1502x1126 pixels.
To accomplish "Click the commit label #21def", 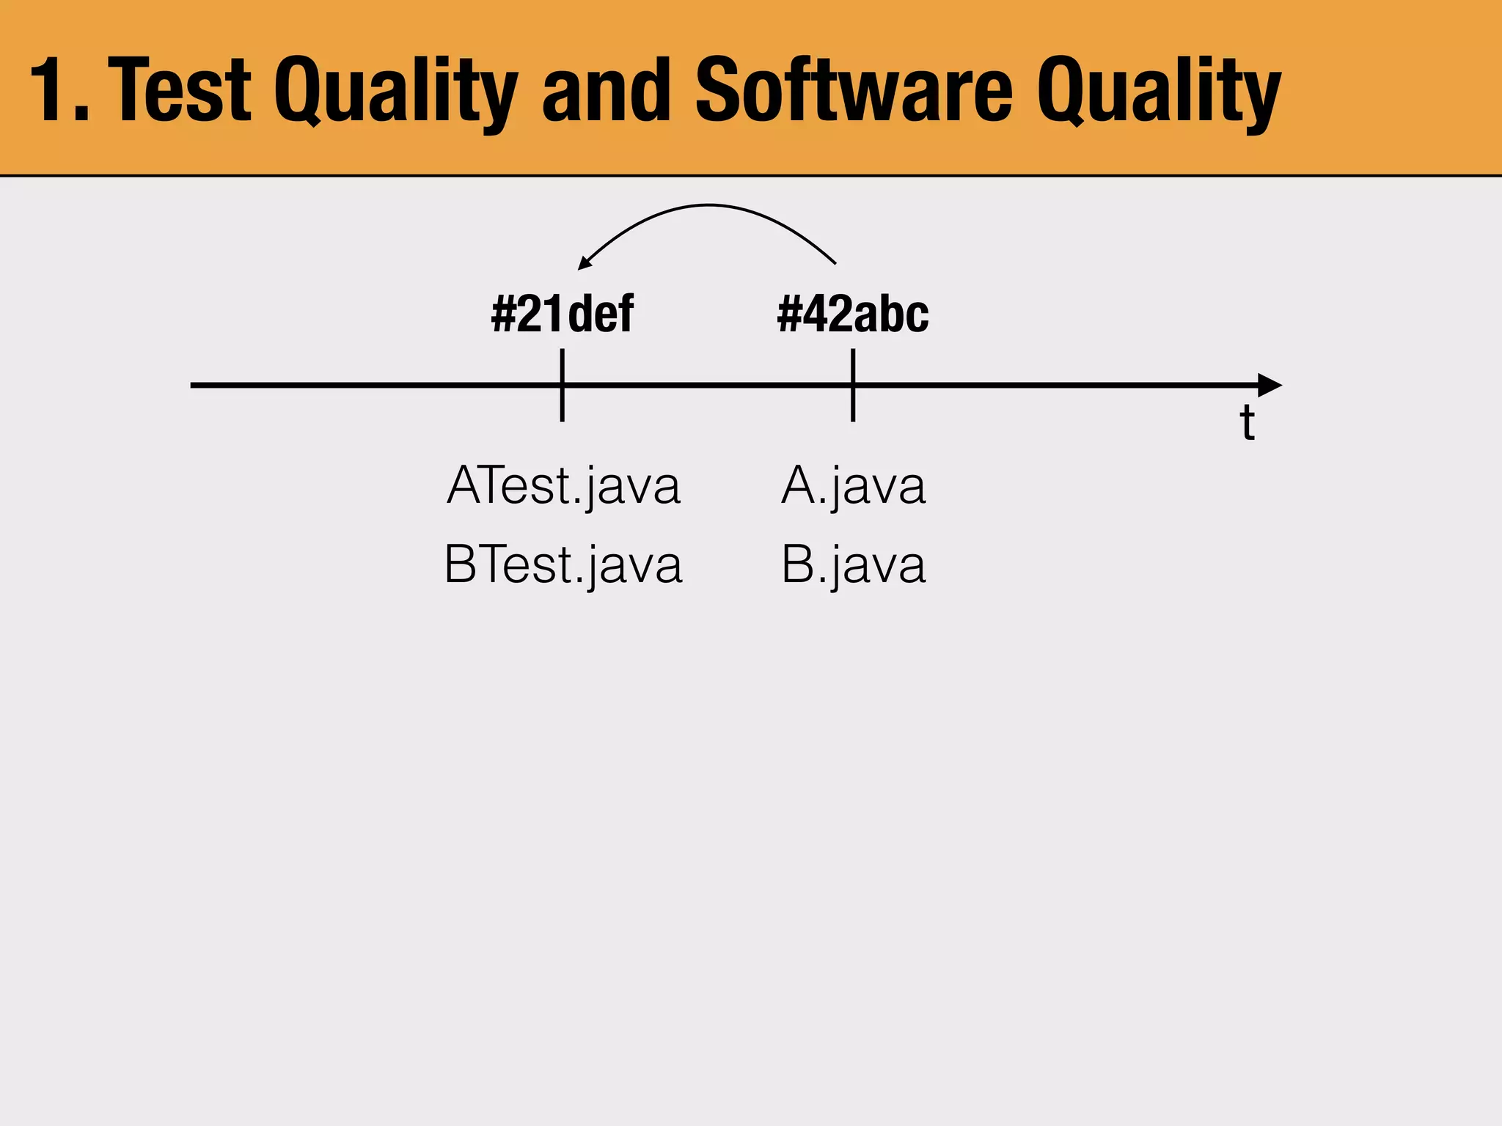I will pyautogui.click(x=562, y=314).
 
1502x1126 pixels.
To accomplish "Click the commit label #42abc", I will pyautogui.click(x=853, y=314).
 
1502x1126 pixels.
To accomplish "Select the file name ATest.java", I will pyautogui.click(x=563, y=485).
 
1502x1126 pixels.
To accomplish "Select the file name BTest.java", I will pyautogui.click(x=563, y=564).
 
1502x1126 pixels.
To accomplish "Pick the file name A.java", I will pyautogui.click(x=853, y=485).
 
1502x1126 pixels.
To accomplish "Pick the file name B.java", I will pyautogui.click(x=853, y=564).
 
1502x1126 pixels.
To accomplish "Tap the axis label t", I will pyautogui.click(x=1247, y=424).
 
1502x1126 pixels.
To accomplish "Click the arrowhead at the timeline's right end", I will pyautogui.click(x=1270, y=385).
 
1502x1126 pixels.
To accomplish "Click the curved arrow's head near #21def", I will pyautogui.click(x=585, y=263).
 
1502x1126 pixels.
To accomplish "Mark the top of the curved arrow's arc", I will pyautogui.click(x=708, y=206).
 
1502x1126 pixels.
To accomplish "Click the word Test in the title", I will pyautogui.click(x=183, y=91).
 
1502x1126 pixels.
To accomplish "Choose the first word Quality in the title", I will pyautogui.click(x=396, y=91).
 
